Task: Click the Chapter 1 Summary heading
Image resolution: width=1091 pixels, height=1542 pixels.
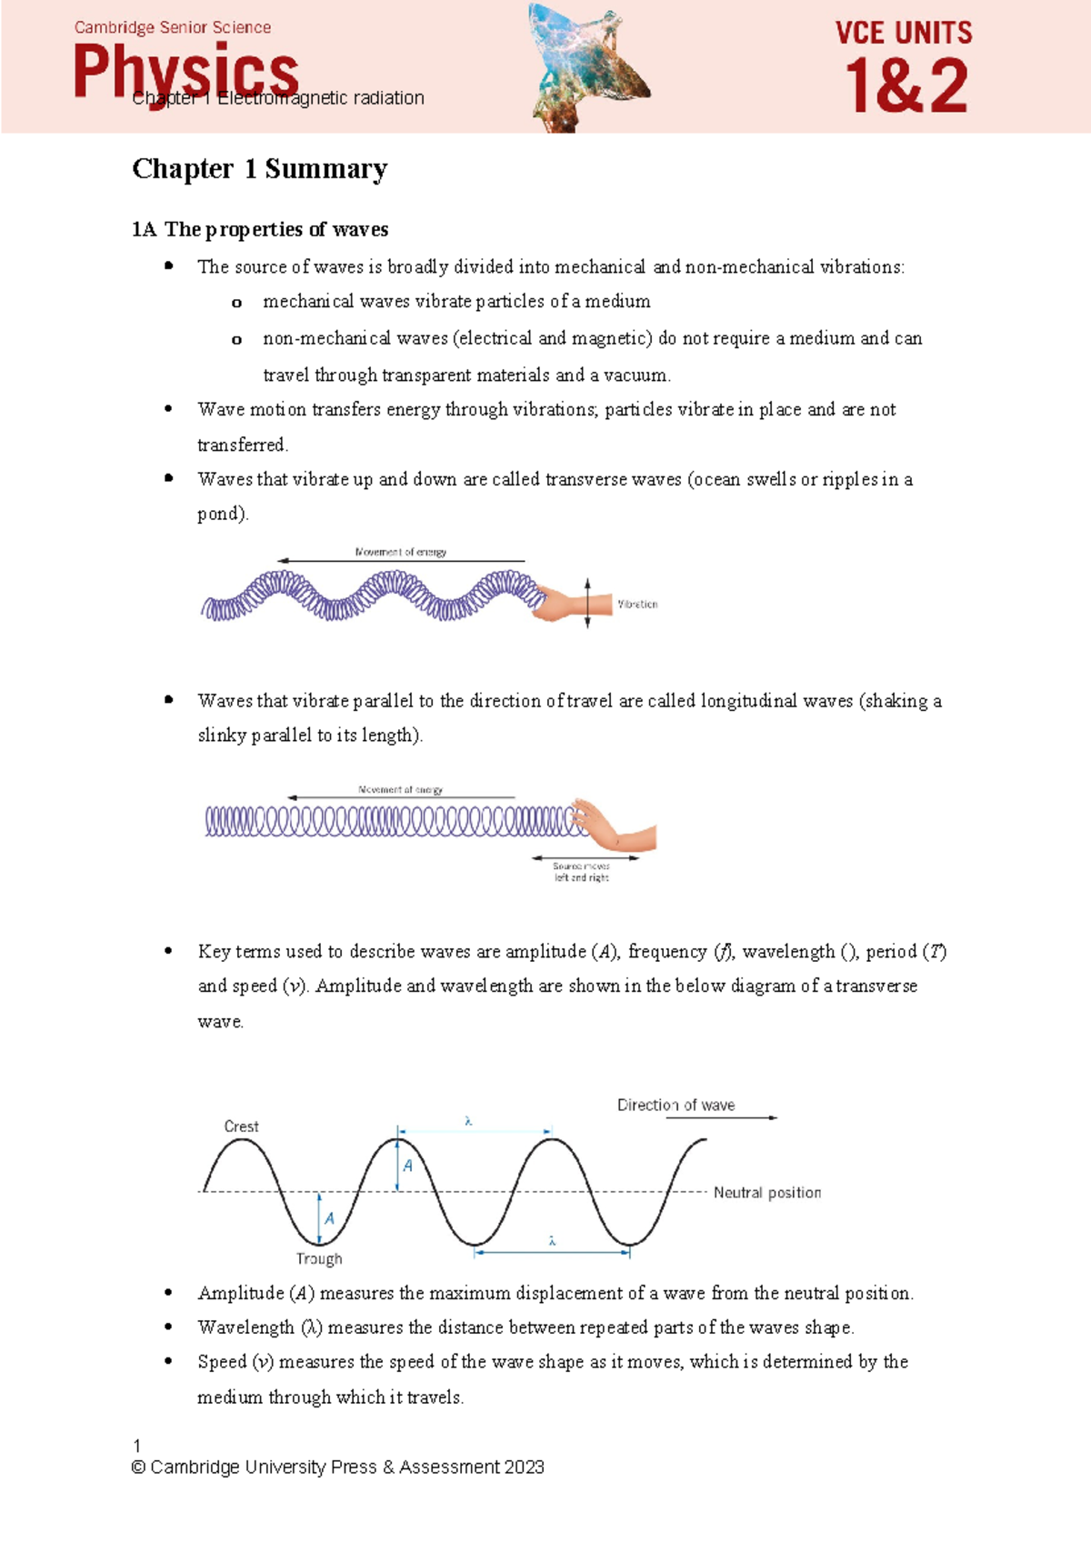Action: [259, 169]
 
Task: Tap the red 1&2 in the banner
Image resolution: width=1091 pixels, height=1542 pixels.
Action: [906, 86]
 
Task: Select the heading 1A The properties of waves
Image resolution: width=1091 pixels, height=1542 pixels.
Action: [260, 229]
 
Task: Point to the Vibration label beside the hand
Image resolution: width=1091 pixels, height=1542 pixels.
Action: [637, 604]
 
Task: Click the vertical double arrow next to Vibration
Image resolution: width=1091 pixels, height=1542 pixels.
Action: [588, 603]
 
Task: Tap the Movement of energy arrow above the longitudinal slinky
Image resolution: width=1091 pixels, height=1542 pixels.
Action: [400, 797]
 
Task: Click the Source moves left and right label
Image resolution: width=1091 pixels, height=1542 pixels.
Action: [582, 872]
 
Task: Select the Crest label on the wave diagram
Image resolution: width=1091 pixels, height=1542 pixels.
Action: [241, 1126]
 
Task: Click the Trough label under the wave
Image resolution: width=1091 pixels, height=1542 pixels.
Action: [319, 1259]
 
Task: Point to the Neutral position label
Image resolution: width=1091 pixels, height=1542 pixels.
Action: [766, 1193]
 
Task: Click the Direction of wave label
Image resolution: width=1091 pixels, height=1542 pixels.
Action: [676, 1106]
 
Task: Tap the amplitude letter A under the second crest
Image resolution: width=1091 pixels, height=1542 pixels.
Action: [408, 1166]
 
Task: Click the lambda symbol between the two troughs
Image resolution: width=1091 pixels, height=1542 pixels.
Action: [552, 1241]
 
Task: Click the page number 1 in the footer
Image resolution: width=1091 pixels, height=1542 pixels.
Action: [136, 1446]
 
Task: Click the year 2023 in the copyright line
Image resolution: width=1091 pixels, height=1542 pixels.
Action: [524, 1467]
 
